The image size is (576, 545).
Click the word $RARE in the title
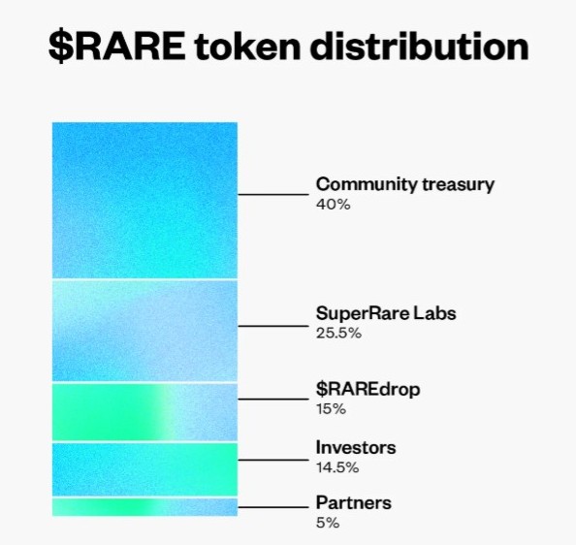[117, 47]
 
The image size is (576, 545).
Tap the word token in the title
[248, 47]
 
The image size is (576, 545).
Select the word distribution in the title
[420, 46]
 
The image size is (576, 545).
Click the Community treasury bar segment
[144, 201]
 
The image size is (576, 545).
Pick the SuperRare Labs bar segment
[144, 331]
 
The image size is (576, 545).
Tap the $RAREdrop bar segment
[144, 412]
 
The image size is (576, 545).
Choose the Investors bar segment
[144, 469]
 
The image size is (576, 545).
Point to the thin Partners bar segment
[144, 507]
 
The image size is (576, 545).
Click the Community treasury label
[404, 184]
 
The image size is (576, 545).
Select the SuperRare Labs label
[386, 313]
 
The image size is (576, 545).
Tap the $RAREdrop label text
[368, 390]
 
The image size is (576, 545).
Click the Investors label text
[356, 448]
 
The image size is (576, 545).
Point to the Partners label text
[354, 502]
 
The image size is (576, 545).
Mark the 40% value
[334, 205]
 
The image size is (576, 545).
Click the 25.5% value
[338, 333]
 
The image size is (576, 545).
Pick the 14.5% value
[337, 467]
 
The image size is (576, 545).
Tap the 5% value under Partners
[328, 523]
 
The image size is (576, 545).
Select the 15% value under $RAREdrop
[331, 409]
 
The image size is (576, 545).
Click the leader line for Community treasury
[273, 194]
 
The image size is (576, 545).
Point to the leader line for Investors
[273, 460]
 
